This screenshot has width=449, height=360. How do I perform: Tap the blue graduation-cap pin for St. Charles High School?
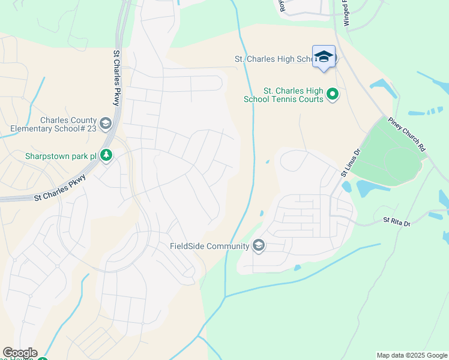pos(324,56)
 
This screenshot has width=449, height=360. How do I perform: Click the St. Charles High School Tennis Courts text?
pos(283,94)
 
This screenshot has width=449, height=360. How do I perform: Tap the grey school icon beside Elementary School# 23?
pos(106,124)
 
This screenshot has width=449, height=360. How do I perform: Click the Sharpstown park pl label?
pos(61,156)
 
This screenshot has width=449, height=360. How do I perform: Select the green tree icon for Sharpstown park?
pos(106,156)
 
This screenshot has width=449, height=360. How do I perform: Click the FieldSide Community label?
pos(209,246)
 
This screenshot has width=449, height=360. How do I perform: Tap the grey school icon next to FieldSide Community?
pos(259,245)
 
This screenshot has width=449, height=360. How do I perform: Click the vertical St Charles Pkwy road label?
pos(116,79)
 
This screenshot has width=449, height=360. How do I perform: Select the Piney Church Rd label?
pos(407,134)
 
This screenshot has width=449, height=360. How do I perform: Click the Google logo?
pos(19,353)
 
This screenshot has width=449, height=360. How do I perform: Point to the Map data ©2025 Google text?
pos(411,355)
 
